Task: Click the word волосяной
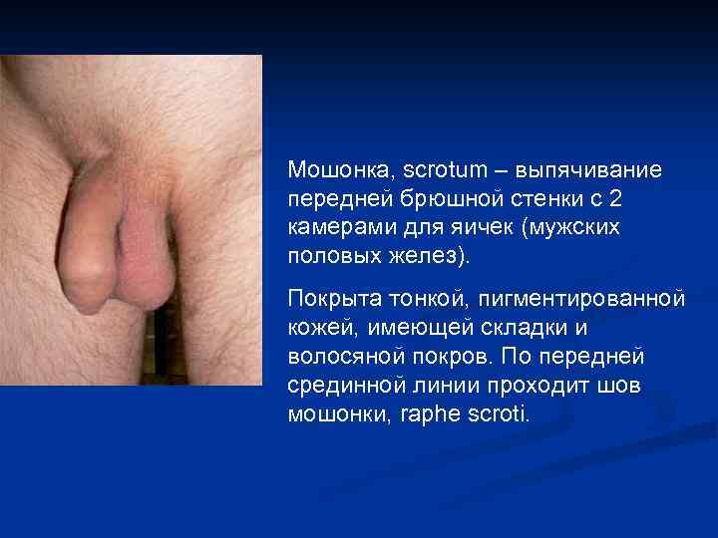[x=337, y=356]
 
